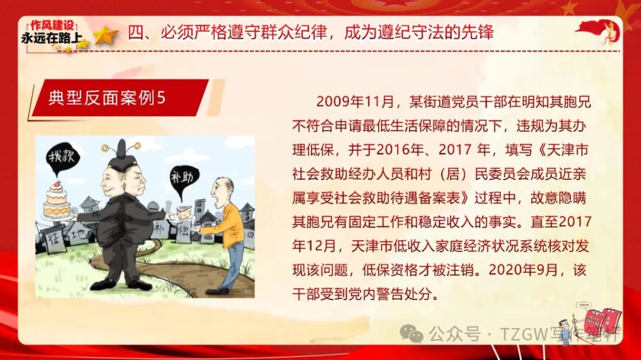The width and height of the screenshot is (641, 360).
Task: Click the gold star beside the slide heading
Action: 105,35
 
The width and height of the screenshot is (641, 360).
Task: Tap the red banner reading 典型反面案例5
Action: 119,98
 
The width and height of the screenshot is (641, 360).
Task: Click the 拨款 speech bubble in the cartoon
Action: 62,157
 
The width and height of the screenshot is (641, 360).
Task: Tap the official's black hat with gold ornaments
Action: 122,155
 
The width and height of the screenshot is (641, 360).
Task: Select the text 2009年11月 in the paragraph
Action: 355,101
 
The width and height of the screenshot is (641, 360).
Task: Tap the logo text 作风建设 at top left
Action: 52,25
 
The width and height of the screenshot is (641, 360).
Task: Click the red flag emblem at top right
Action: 598,31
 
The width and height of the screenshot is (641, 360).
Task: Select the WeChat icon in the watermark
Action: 411,333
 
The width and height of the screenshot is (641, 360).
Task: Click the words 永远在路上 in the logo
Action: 52,38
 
